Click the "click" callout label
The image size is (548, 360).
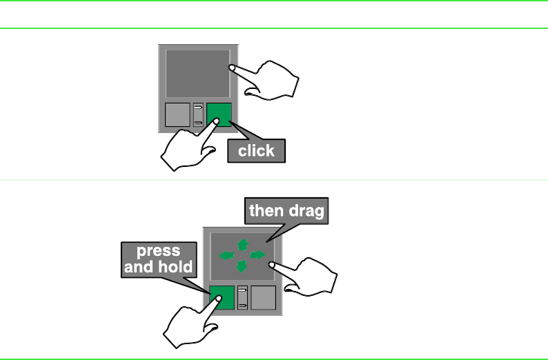tap(256, 150)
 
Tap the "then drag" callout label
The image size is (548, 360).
tap(286, 211)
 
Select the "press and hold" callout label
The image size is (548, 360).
tap(158, 259)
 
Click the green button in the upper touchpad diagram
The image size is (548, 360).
tap(219, 114)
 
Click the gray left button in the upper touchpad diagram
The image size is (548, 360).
tap(177, 115)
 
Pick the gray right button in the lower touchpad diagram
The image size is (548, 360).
tap(263, 297)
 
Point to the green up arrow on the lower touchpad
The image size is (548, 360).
tap(242, 243)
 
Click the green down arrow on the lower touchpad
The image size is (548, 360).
tap(242, 266)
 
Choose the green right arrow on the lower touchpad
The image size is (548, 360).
tap(257, 255)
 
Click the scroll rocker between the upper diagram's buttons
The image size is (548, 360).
tap(199, 115)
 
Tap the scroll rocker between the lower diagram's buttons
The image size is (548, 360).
tap(242, 297)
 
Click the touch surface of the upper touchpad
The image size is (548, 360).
tap(197, 73)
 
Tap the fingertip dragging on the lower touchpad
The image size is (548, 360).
tap(274, 263)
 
